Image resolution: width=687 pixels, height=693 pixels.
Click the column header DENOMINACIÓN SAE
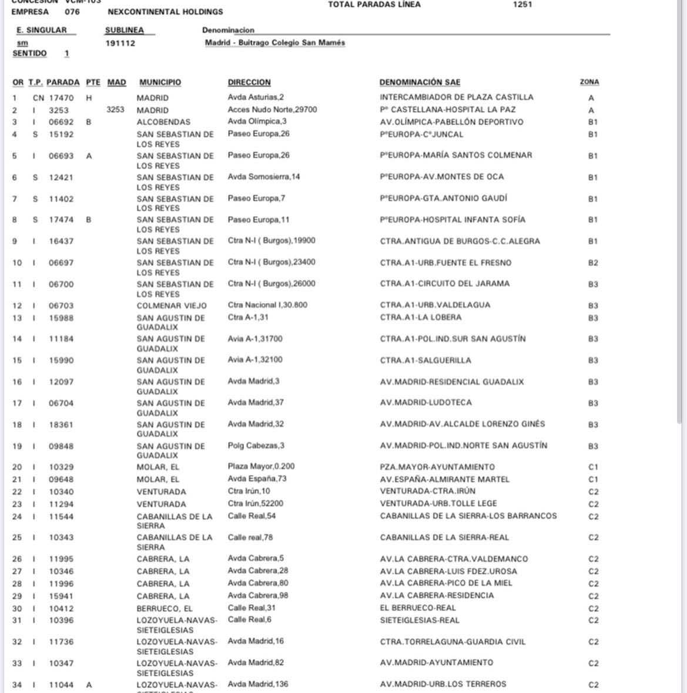tap(420, 82)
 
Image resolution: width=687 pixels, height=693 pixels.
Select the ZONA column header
tap(589, 82)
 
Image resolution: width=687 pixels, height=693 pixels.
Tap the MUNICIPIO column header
tap(160, 82)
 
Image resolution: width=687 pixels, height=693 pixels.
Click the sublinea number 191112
tap(120, 43)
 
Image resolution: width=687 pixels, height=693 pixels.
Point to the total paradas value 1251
tap(522, 5)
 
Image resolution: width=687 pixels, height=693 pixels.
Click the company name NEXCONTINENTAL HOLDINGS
tap(165, 12)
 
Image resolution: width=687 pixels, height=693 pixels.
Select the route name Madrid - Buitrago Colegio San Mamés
tap(274, 43)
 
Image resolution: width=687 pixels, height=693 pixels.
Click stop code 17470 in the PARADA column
tap(61, 98)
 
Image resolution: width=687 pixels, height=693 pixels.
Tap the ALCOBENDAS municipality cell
tap(163, 122)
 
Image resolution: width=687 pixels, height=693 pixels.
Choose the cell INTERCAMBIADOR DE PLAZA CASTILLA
tap(456, 97)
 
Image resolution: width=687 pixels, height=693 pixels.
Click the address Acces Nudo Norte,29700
tap(272, 110)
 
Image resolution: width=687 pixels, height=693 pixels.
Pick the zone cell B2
tap(593, 263)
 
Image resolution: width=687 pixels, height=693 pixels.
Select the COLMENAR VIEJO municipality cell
tap(172, 305)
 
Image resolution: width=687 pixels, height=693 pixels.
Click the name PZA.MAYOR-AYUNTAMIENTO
tap(437, 467)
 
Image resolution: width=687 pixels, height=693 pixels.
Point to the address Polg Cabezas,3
tap(256, 446)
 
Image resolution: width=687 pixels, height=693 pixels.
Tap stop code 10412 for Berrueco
tap(61, 608)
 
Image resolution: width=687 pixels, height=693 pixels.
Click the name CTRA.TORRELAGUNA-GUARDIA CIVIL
tap(453, 641)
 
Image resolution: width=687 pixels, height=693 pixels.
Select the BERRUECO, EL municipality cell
tap(165, 608)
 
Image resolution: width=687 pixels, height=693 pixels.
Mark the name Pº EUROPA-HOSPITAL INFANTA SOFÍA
tap(453, 220)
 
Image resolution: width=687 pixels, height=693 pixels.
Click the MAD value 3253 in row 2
tap(115, 110)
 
